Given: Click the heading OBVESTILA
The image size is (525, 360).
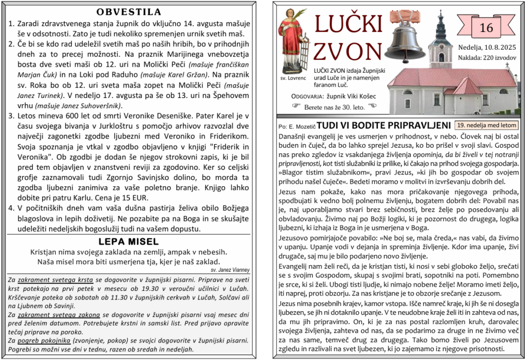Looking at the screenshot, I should [129, 12].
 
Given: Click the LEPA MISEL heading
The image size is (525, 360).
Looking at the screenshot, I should [129, 242].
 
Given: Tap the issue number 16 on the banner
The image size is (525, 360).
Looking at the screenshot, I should [486, 28].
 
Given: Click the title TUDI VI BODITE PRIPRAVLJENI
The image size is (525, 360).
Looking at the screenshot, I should [383, 125].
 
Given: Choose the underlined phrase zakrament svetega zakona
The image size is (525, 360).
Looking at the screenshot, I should [57, 314].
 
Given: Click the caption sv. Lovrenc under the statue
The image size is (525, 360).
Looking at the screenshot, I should [293, 78].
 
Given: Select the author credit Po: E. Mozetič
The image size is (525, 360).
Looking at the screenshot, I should [296, 126].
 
